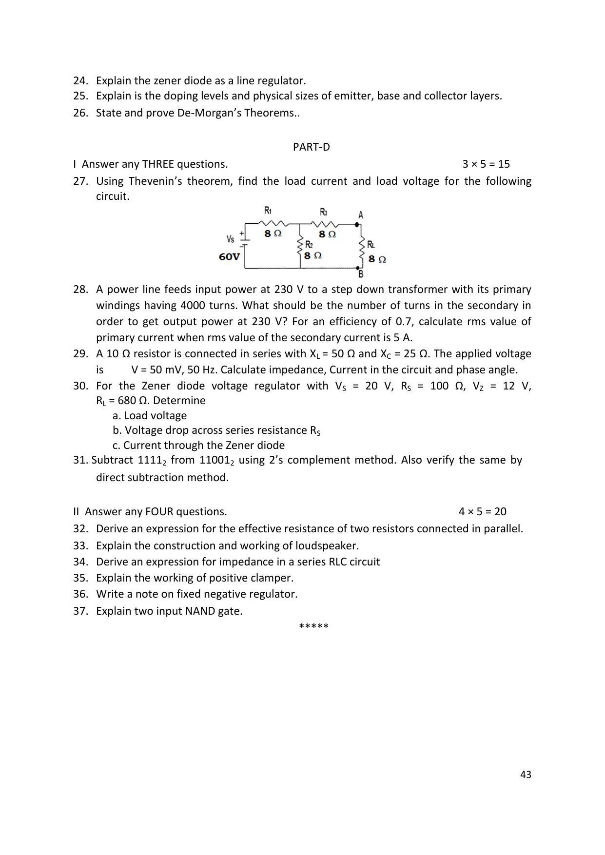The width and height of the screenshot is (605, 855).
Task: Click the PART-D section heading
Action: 311,147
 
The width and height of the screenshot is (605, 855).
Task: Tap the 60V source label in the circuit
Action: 229,257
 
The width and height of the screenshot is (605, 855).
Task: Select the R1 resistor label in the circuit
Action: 268,211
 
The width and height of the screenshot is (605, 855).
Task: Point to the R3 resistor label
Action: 324,212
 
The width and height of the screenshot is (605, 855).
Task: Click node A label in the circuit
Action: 360,214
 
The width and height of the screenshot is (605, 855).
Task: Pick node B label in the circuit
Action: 360,274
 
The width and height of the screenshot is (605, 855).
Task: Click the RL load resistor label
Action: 371,245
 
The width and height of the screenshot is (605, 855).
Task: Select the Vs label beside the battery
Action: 230,239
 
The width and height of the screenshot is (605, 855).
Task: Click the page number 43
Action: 526,775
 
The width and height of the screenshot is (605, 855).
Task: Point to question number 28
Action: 80,290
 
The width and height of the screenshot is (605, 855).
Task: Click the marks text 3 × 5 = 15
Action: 486,164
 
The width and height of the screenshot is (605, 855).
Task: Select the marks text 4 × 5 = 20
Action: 482,511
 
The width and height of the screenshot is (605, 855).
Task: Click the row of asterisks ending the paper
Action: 313,626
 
